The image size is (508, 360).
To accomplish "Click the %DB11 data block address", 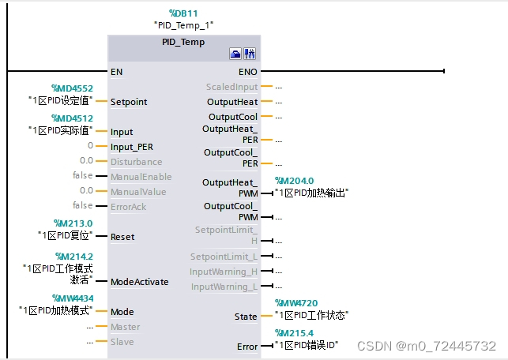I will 184,14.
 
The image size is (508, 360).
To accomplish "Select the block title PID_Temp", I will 183,42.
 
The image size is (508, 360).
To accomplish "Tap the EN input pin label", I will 117,72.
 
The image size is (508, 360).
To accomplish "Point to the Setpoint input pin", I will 129,102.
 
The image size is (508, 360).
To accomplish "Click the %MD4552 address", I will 72,88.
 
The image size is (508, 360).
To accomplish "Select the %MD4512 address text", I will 72,118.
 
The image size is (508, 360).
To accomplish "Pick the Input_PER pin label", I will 133,147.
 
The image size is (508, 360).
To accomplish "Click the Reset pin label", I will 122,237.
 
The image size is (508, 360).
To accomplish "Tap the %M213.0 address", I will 73,223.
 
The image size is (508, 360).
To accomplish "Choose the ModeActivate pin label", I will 139,282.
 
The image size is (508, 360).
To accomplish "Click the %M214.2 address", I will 73,257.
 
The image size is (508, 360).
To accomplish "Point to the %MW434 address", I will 73,298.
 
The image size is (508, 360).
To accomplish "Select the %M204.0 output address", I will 294,181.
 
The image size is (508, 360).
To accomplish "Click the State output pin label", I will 246,317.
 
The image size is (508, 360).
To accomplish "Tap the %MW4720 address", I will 295,303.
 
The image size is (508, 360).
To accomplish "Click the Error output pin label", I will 247,347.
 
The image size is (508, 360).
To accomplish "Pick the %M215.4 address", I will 295,333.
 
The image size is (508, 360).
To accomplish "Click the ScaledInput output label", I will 232,87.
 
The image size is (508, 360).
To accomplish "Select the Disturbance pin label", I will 137,162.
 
